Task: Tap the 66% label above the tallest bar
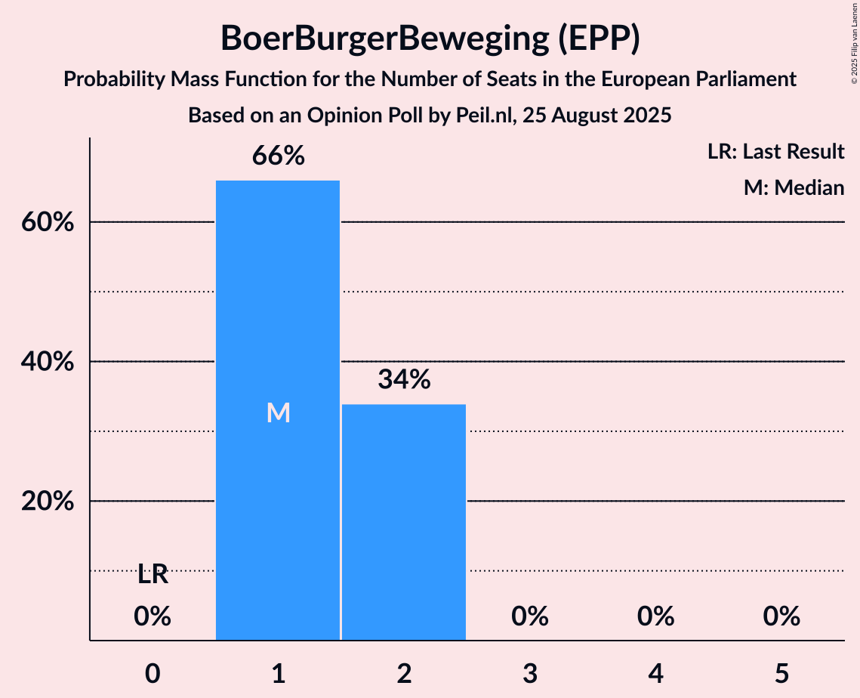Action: pyautogui.click(x=279, y=156)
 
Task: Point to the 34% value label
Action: pyautogui.click(x=404, y=380)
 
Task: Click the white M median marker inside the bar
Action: pyautogui.click(x=279, y=412)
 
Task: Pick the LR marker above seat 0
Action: pyautogui.click(x=153, y=575)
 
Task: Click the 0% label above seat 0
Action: pyautogui.click(x=153, y=616)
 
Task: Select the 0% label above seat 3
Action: pyautogui.click(x=530, y=616)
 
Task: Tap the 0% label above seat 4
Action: pyautogui.click(x=655, y=616)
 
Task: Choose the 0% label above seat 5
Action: pyautogui.click(x=781, y=616)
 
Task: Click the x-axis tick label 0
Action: pyautogui.click(x=153, y=673)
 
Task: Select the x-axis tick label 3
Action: pyautogui.click(x=530, y=673)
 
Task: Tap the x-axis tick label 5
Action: pyautogui.click(x=781, y=673)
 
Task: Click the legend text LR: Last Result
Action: pyautogui.click(x=775, y=152)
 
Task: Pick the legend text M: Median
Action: pyautogui.click(x=794, y=187)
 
